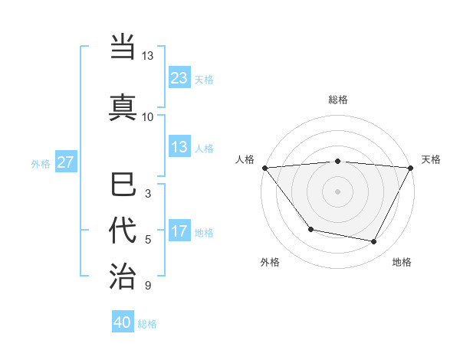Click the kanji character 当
coord(123,47)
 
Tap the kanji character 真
coord(123,105)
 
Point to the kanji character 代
coord(123,231)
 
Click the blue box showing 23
coord(179,78)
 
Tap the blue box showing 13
coord(179,147)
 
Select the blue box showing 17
coord(179,231)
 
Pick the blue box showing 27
coord(66,162)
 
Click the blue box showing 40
coord(123,322)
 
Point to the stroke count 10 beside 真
coord(147,116)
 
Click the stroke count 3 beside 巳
coord(147,194)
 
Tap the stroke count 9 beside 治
coord(147,286)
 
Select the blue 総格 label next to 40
coord(147,324)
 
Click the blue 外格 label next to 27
coord(41,163)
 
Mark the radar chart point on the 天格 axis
coord(411,168)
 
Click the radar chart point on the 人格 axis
coord(264,168)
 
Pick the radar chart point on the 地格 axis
coord(374,242)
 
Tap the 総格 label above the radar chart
coord(338,100)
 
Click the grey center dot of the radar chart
coord(338,191)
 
